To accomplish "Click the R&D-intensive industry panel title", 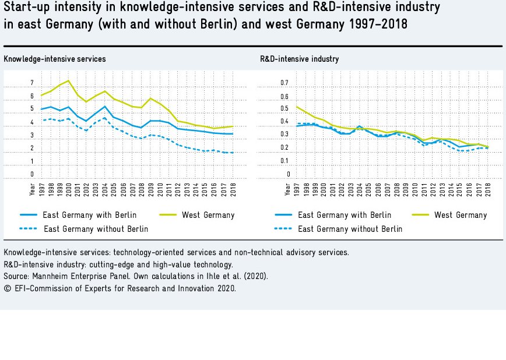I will point(299,59).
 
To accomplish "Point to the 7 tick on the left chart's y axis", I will point(32,83).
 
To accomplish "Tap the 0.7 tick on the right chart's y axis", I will point(284,83).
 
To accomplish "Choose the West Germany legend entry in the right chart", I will point(461,215).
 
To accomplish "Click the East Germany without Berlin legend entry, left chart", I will point(96,229).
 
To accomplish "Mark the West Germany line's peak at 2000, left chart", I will point(69,80).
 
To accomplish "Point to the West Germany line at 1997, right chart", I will point(297,107).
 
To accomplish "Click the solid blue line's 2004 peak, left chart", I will point(104,107).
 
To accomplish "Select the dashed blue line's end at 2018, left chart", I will point(233,153).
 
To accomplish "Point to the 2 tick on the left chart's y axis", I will point(32,149).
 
